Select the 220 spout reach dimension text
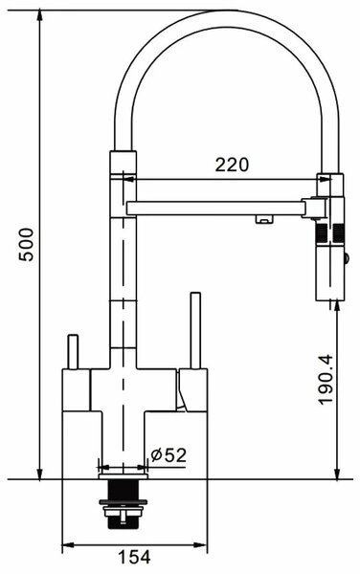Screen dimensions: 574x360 pos(231,165)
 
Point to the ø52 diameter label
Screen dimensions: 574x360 pos(169,455)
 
